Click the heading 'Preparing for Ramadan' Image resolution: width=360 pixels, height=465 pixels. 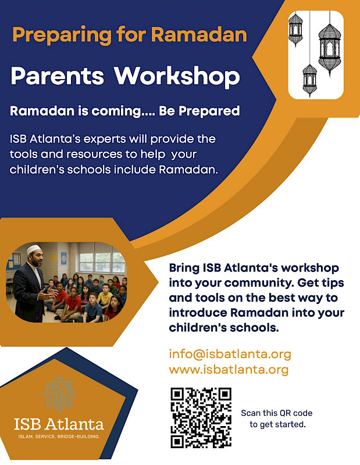click(x=129, y=34)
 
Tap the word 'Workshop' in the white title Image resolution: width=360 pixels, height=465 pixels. click(x=177, y=76)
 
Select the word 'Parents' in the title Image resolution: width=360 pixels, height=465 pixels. click(x=58, y=76)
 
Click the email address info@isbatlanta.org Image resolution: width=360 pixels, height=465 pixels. click(x=230, y=354)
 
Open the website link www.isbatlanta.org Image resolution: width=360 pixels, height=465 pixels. click(x=229, y=370)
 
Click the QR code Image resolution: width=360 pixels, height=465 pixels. click(x=201, y=418)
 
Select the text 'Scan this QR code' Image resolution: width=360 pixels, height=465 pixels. click(x=277, y=413)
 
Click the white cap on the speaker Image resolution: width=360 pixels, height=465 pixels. click(x=34, y=249)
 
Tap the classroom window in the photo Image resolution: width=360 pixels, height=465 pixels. click(x=102, y=262)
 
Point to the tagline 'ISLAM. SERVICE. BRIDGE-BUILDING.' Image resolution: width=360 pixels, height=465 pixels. click(x=59, y=436)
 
